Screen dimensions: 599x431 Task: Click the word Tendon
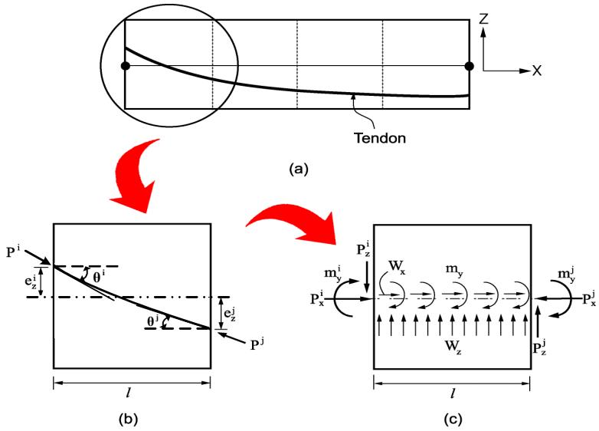click(x=380, y=138)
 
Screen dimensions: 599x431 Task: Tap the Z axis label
click(x=483, y=18)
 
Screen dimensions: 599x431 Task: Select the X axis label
click(x=537, y=71)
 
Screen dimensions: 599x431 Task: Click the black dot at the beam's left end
click(x=126, y=66)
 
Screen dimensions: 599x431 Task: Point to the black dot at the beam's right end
click(x=470, y=66)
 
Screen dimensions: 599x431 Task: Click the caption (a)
click(x=299, y=169)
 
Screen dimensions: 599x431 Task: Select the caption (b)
click(x=128, y=419)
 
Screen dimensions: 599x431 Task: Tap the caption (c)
click(x=453, y=419)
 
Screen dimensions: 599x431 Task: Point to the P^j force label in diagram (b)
click(x=257, y=345)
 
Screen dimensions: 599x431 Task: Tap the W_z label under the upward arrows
click(x=453, y=347)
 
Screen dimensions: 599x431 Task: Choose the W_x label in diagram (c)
click(x=397, y=266)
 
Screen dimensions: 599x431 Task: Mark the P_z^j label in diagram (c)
click(x=539, y=347)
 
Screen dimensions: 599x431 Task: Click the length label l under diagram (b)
click(x=128, y=393)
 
